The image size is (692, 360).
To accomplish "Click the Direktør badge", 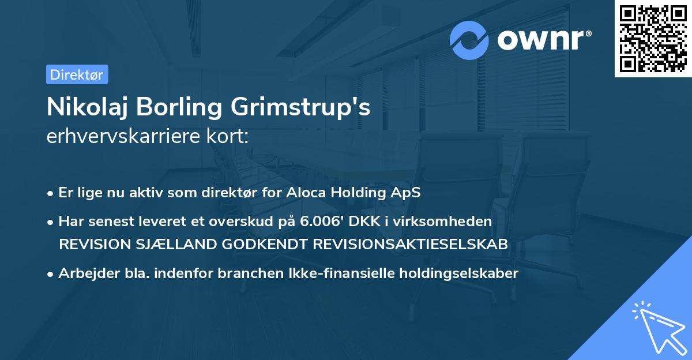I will click(77, 74).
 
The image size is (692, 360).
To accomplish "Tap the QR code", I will click(653, 39).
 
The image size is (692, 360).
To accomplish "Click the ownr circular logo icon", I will click(469, 40).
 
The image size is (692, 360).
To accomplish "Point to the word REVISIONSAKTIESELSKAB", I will click(410, 245).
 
